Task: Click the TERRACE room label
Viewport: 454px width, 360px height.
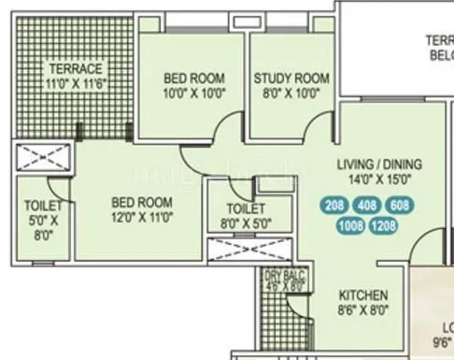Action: click(77, 68)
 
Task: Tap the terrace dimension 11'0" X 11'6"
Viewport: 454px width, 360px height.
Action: click(77, 82)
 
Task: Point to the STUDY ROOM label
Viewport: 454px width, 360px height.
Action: click(291, 79)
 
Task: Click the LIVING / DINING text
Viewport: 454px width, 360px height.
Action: click(374, 165)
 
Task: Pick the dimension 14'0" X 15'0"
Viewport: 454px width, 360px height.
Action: click(374, 180)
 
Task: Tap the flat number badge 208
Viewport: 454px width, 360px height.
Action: click(334, 206)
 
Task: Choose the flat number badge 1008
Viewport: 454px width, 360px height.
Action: click(351, 225)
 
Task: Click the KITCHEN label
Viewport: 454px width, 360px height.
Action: click(363, 295)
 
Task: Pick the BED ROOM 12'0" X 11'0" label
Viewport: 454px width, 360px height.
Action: click(142, 208)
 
